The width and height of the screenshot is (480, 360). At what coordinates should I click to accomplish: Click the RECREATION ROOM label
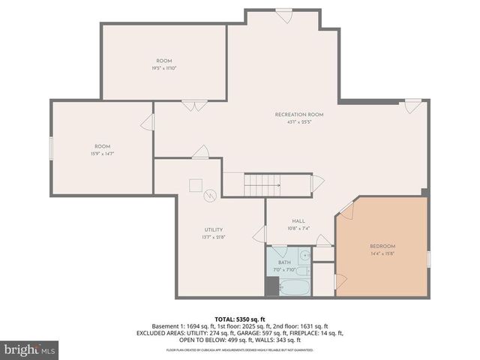coord(298,114)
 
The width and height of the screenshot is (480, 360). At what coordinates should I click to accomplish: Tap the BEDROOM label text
coord(382,246)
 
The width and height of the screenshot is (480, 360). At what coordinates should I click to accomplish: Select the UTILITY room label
coord(213,229)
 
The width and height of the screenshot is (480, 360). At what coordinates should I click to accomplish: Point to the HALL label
coord(298,220)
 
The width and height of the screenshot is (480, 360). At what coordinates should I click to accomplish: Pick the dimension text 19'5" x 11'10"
coord(164,67)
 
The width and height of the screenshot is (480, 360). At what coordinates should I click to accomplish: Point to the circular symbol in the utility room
coord(211,195)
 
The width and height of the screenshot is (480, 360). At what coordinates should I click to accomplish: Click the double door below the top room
coord(194,106)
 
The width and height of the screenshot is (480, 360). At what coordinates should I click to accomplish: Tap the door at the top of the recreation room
coord(283,16)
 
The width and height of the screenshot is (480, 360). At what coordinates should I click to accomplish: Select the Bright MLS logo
coord(30,349)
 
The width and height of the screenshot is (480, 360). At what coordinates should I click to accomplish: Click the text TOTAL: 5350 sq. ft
coord(239,319)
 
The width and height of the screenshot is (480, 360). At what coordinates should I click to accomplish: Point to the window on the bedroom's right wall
coord(428,259)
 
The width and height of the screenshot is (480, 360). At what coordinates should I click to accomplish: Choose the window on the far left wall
coord(51,148)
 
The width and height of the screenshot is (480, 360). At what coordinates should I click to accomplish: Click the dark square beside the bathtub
coord(271,286)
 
